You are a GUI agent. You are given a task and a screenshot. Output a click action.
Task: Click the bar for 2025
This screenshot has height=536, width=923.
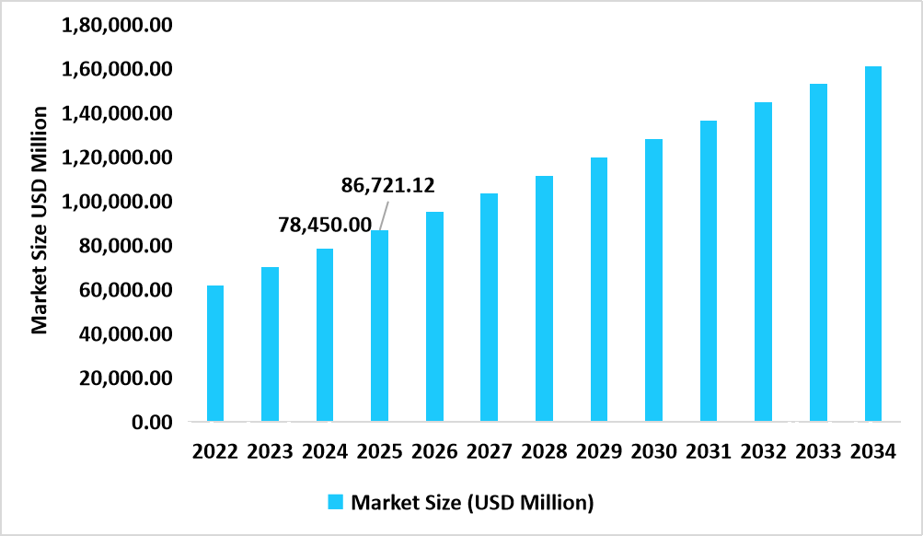pos(379,326)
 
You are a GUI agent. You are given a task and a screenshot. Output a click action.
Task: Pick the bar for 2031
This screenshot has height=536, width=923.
pos(709,271)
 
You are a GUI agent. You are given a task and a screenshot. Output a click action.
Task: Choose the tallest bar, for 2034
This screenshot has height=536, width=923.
pos(872,244)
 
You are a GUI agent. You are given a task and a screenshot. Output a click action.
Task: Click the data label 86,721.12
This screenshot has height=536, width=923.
pos(388,186)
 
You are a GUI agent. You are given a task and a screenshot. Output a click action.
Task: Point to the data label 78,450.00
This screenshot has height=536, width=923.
pos(325,225)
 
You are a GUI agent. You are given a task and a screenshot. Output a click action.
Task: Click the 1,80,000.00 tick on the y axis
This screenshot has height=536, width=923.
pos(116,26)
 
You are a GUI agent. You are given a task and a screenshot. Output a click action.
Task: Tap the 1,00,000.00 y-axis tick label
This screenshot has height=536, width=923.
pos(116,202)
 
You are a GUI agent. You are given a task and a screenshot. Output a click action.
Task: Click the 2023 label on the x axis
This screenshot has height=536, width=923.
pos(270,452)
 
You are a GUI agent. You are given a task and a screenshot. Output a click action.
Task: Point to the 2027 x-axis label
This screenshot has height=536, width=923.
pos(489,452)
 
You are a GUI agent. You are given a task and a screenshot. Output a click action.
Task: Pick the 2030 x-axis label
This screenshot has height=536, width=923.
pos(653,452)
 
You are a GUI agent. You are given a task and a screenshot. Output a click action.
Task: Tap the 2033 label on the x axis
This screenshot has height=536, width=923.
pos(818,452)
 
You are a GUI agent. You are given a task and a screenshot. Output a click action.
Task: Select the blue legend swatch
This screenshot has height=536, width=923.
pos(335,502)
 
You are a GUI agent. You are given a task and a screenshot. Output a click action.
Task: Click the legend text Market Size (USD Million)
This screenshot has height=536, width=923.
pos(472,502)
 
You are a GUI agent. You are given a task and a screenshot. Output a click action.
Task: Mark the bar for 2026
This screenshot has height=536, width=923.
pos(434,317)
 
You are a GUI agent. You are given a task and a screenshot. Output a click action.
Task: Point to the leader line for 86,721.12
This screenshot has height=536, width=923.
pos(382,212)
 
